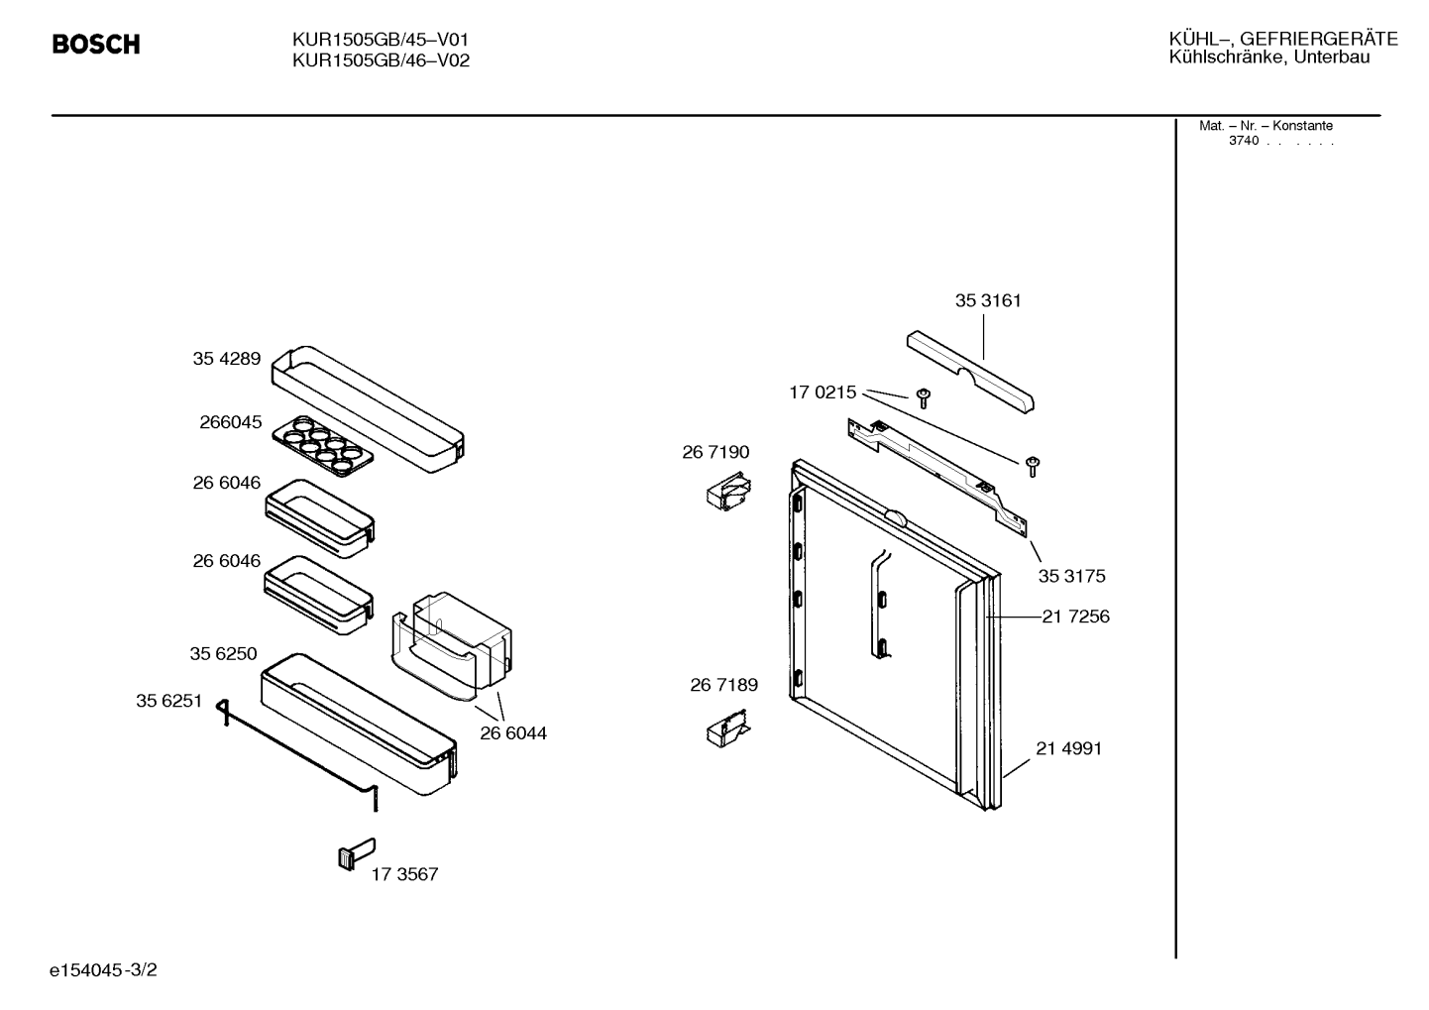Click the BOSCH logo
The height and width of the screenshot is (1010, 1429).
coord(96,44)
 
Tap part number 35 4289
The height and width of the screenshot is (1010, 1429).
coord(227,359)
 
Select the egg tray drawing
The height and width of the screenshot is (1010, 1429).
coord(322,446)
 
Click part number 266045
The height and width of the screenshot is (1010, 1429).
coord(230,422)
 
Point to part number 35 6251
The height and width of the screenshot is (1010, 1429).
coord(169,701)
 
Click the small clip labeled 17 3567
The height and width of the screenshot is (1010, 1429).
coord(356,853)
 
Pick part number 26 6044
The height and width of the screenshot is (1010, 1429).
coord(513,733)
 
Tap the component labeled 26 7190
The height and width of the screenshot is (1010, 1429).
coord(728,492)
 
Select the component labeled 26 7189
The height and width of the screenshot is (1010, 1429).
coord(728,729)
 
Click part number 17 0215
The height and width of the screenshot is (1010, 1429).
coord(823,393)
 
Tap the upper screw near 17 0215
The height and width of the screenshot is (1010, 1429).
coord(924,398)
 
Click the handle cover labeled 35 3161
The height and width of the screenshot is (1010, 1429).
coord(970,372)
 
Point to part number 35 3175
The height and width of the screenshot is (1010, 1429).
coord(1072,576)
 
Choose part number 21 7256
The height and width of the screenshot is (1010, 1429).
coord(1075,617)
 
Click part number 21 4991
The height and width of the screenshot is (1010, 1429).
coord(1068,748)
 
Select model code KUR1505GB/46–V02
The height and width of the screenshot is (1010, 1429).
coord(381,60)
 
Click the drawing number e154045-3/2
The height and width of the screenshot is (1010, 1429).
coord(103,970)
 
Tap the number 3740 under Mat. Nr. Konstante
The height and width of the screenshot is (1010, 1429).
coord(1244,141)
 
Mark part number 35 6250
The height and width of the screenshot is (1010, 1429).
coord(223,654)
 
